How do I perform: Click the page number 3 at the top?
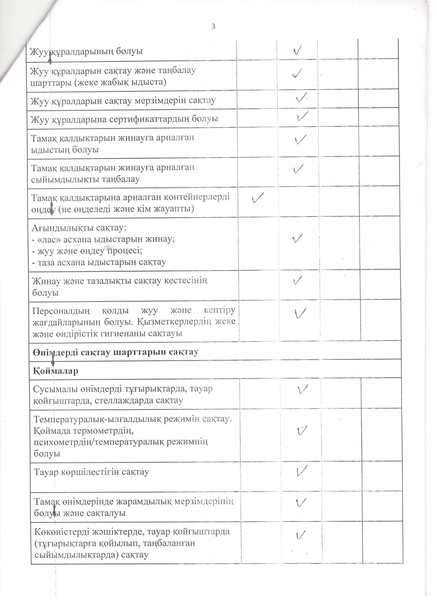[213, 26]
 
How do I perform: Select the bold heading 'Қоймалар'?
[55, 371]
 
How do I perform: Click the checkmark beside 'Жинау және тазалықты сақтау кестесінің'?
[298, 280]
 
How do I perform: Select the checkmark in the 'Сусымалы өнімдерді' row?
[302, 389]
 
